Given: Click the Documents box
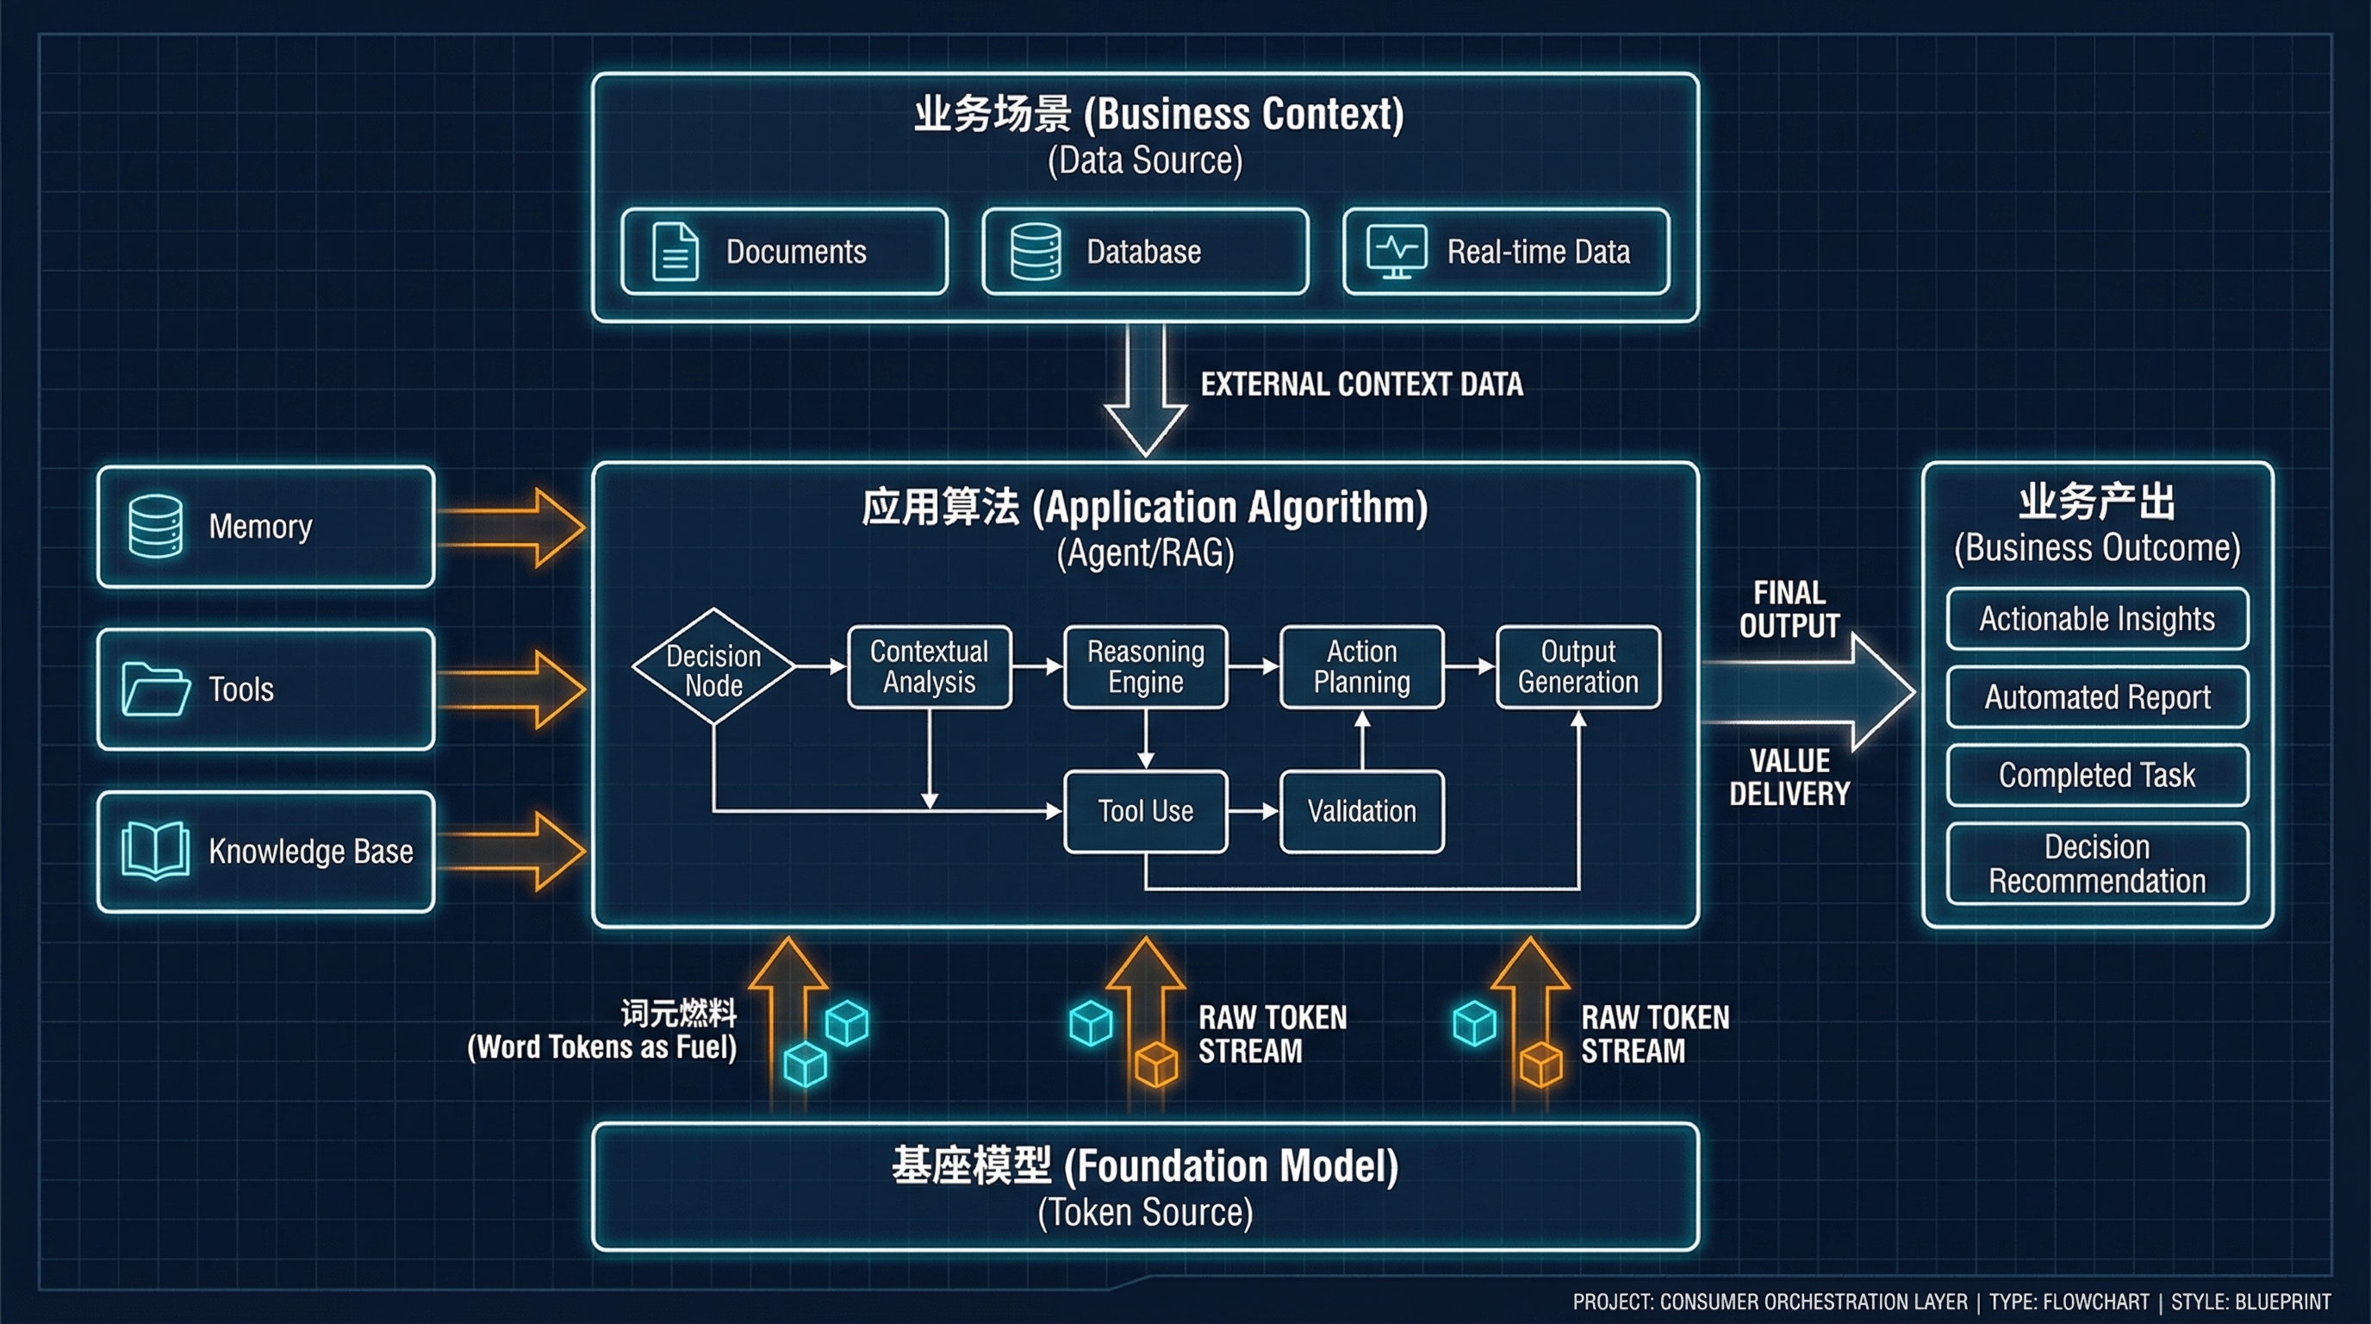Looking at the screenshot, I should pyautogui.click(x=783, y=252).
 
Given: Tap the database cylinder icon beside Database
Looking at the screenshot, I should pyautogui.click(x=1036, y=252).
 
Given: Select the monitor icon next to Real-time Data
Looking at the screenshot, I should pyautogui.click(x=1397, y=251).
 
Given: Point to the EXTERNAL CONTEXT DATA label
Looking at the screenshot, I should pyautogui.click(x=1360, y=384).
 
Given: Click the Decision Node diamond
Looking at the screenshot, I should pyautogui.click(x=713, y=666).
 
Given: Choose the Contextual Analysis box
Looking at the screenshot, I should pyautogui.click(x=929, y=666).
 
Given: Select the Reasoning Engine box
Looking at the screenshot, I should pyautogui.click(x=1145, y=666).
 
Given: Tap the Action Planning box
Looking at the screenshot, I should pyautogui.click(x=1361, y=666).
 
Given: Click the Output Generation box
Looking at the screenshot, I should pyautogui.click(x=1578, y=666).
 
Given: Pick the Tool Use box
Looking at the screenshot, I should pyautogui.click(x=1145, y=811).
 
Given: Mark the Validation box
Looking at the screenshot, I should pyautogui.click(x=1361, y=811).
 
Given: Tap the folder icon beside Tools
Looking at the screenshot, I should pyautogui.click(x=156, y=689).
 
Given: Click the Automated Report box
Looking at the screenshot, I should pyautogui.click(x=2097, y=697).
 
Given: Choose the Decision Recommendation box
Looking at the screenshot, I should pyautogui.click(x=2097, y=864).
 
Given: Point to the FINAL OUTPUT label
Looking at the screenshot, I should pyautogui.click(x=1789, y=609).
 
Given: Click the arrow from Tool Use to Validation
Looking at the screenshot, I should pyautogui.click(x=1254, y=811).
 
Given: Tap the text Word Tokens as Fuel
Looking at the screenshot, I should pyautogui.click(x=602, y=1046).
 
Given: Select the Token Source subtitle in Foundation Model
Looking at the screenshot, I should pyautogui.click(x=1145, y=1213).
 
